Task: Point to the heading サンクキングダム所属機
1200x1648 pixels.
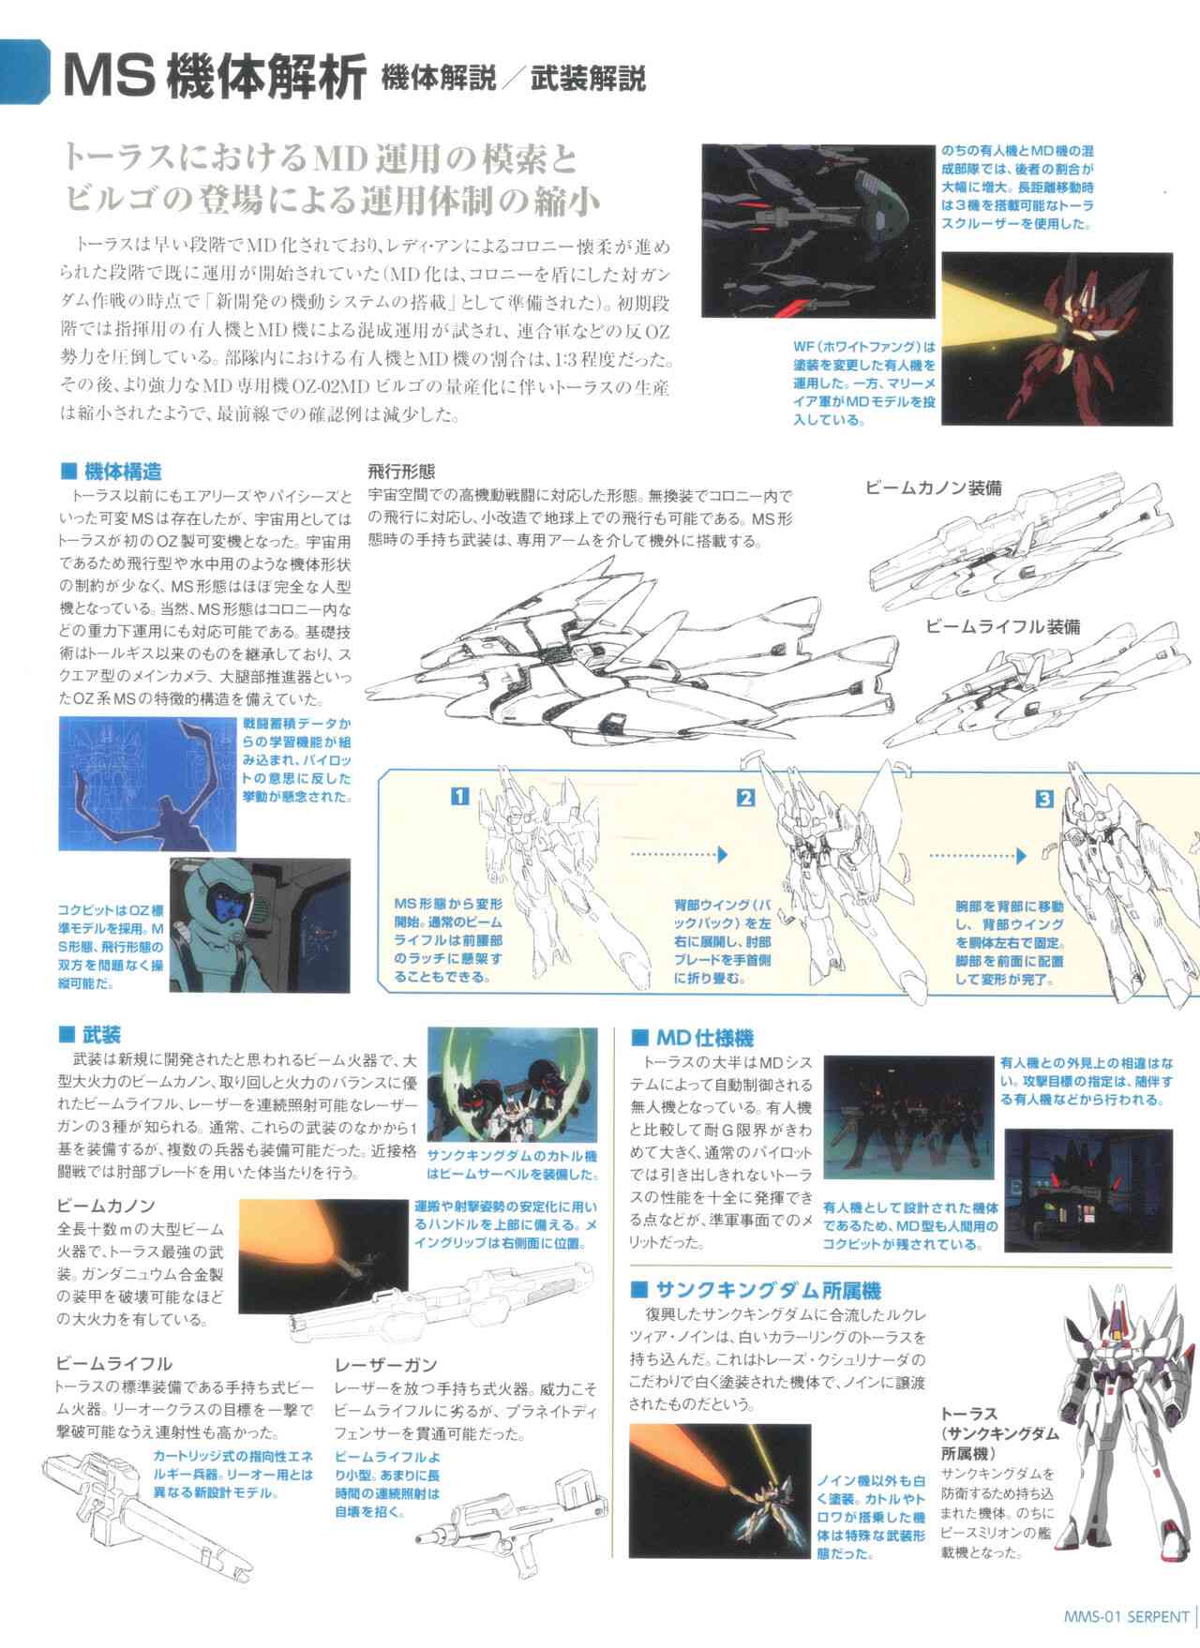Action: pyautogui.click(x=768, y=1291)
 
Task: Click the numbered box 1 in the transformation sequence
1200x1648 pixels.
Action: pyautogui.click(x=459, y=798)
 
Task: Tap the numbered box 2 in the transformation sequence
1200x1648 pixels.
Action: pyautogui.click(x=746, y=799)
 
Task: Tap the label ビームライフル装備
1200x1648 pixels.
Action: pyautogui.click(x=1002, y=626)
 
